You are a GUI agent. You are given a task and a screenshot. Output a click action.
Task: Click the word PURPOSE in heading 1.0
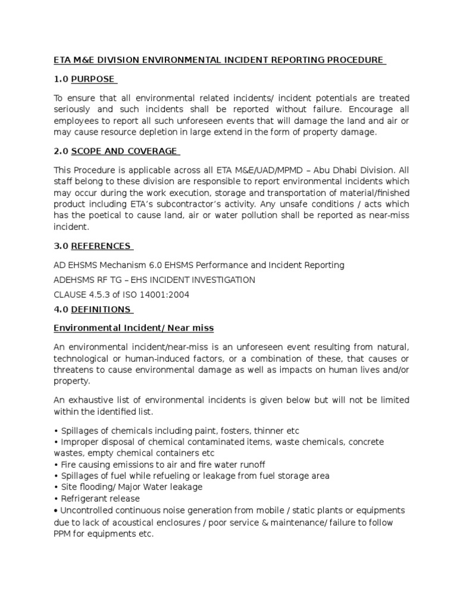[93, 79]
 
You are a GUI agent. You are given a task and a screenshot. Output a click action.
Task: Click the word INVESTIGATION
[223, 279]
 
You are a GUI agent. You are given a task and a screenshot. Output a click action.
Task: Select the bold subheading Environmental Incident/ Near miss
[134, 328]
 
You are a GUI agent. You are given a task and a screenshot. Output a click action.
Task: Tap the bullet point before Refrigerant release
[55, 499]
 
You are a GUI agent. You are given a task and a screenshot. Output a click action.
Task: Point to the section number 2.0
[60, 151]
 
